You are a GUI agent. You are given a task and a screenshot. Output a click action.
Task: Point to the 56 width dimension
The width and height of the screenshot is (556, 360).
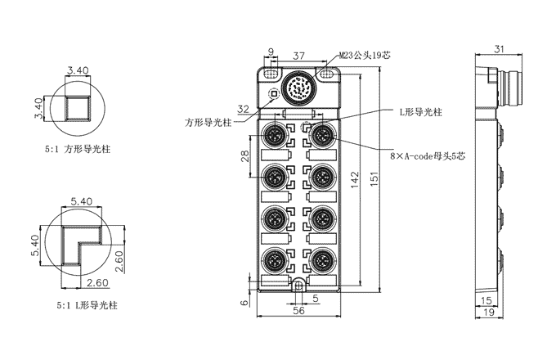coord(299,310)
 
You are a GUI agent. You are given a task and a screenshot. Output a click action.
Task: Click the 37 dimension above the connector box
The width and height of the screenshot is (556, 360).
coord(299,55)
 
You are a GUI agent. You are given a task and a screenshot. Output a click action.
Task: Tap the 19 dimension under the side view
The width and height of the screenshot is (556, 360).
coord(489,313)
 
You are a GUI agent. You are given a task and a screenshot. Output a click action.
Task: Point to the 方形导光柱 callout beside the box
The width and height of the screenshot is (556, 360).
coord(208,123)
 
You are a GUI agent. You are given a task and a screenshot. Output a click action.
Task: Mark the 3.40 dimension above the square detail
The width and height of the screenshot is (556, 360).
coord(78,71)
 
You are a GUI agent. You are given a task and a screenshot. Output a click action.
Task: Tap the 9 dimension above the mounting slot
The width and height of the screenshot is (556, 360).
coord(271,55)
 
